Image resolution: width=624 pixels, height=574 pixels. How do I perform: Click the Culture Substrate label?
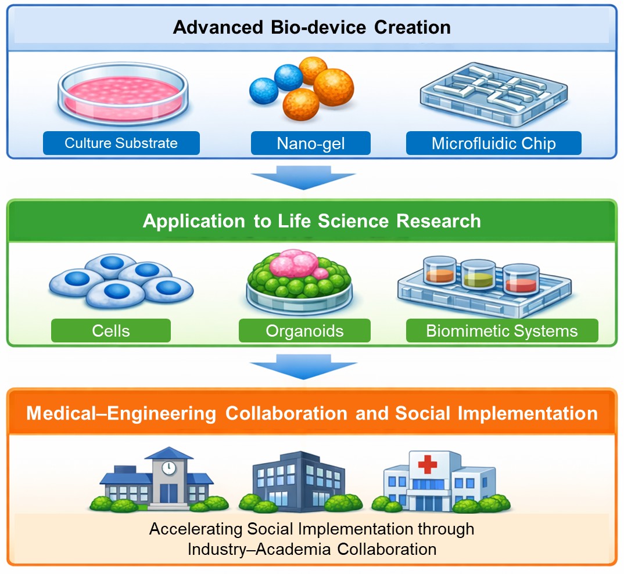tap(121, 143)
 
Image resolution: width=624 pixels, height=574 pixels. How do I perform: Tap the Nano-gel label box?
tap(310, 143)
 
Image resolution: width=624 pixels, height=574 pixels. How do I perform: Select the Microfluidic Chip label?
tap(493, 143)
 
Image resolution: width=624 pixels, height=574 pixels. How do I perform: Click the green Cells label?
tap(110, 331)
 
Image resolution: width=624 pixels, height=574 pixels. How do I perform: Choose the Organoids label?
tap(304, 331)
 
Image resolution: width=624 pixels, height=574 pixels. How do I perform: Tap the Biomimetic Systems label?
tap(502, 331)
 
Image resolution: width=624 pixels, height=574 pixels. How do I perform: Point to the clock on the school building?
tap(168, 468)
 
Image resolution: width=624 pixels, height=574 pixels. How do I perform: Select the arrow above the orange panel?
tap(303, 367)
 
